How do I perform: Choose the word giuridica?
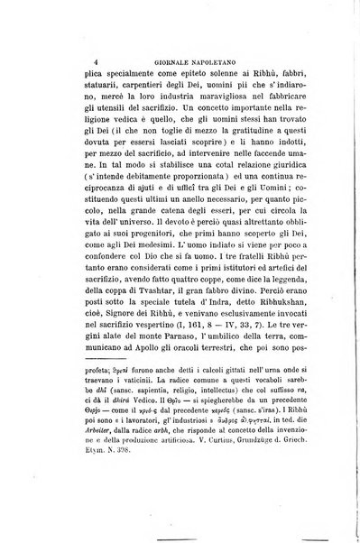(x=264, y=190)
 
